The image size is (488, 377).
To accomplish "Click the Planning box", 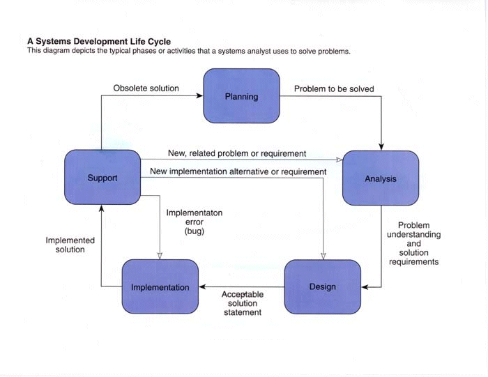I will [241, 96].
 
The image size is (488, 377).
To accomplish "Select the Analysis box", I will [381, 178].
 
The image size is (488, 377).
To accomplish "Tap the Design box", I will [322, 286].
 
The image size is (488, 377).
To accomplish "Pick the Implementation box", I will [160, 286].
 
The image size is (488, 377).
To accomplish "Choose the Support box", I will [102, 178].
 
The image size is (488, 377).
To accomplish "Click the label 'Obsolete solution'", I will [146, 89].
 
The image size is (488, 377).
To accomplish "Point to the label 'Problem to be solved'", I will [334, 89].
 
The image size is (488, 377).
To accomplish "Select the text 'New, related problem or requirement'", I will [236, 153].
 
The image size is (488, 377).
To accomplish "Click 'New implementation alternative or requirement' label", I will [238, 171].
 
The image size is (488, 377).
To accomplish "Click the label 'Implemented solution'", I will [70, 245].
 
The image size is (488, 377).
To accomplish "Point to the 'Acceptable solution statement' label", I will [242, 304].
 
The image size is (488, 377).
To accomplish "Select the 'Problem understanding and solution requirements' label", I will [413, 244].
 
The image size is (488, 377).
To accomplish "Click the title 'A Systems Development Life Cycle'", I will [98, 42].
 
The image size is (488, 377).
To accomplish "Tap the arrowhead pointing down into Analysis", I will [381, 146].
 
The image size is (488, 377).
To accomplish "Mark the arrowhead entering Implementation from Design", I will [203, 286].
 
